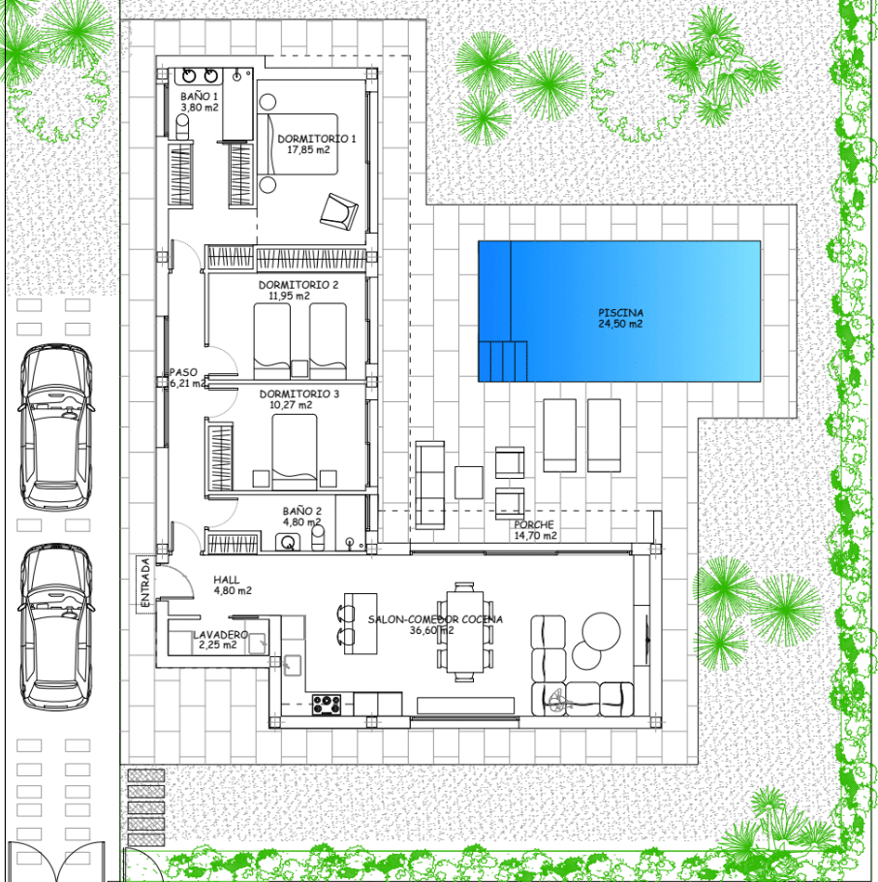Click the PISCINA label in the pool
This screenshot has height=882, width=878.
pos(620,313)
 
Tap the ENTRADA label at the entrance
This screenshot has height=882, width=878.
pos(145,583)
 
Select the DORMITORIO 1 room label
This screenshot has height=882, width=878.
pos(317,139)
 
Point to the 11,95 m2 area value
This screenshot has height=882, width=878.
pos(289,296)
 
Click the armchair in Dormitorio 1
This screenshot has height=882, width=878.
pos(339,211)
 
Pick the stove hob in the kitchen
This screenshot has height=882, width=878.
pos(327,705)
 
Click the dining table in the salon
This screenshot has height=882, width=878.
pos(465,631)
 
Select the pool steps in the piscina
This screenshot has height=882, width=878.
pos(503,362)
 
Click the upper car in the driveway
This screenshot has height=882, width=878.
pos(55,427)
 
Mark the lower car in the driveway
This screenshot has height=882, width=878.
pos(55,627)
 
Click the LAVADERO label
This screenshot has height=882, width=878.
pos(221,635)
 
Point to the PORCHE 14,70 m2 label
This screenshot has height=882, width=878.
pos(535,530)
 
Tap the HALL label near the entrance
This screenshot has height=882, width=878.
pos(227,580)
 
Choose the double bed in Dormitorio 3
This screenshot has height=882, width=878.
pos(295,453)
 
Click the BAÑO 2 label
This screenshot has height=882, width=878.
pos(302,511)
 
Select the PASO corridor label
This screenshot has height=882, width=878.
pos(183,372)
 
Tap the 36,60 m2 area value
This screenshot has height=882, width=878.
pos(431,631)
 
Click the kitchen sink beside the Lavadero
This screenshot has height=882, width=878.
pos(292,666)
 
